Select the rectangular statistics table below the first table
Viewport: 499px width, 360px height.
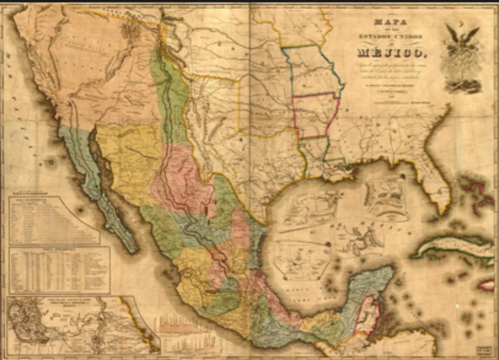[58, 270]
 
